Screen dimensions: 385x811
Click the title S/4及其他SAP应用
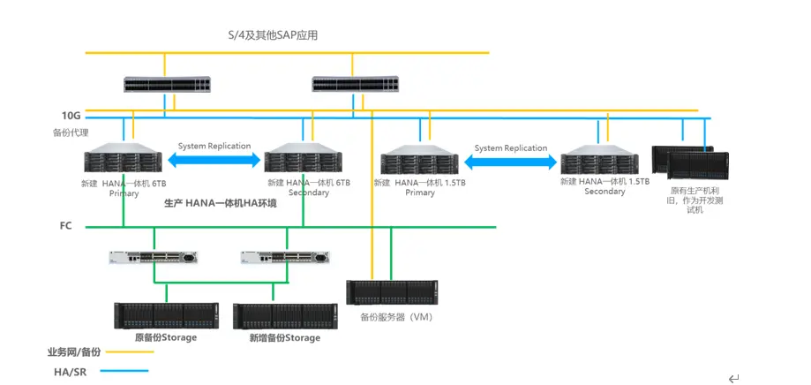click(x=272, y=35)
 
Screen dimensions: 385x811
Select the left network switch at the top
click(x=167, y=85)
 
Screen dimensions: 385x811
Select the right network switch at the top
click(x=356, y=85)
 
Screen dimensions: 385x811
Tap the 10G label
click(x=71, y=116)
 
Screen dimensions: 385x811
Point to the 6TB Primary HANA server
click(x=124, y=162)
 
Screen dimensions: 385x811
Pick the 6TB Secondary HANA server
click(x=304, y=162)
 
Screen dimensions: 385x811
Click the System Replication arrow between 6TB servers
click(x=214, y=160)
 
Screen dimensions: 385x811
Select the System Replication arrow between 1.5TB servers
click(x=510, y=162)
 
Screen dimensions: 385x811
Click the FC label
click(x=65, y=227)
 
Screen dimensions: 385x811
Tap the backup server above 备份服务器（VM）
click(x=392, y=292)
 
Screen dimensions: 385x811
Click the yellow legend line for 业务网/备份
click(x=128, y=351)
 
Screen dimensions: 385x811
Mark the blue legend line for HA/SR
click(x=128, y=371)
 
